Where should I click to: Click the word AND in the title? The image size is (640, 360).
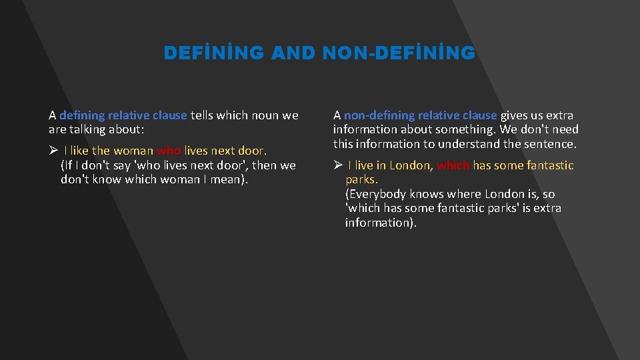point(293,53)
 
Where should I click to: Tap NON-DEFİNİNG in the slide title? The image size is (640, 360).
point(399,53)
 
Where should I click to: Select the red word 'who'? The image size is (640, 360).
point(169,151)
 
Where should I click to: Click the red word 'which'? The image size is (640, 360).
point(453,165)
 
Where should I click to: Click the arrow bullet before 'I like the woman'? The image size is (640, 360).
point(53,151)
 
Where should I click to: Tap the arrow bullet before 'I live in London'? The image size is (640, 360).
point(338,165)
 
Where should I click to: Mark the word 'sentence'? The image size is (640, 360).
point(549,143)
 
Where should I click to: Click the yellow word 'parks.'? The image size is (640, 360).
point(361,179)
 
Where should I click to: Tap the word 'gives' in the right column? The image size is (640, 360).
point(514,115)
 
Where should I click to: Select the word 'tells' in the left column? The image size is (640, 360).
point(203,115)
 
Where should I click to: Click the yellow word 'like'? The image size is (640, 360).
point(81,151)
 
